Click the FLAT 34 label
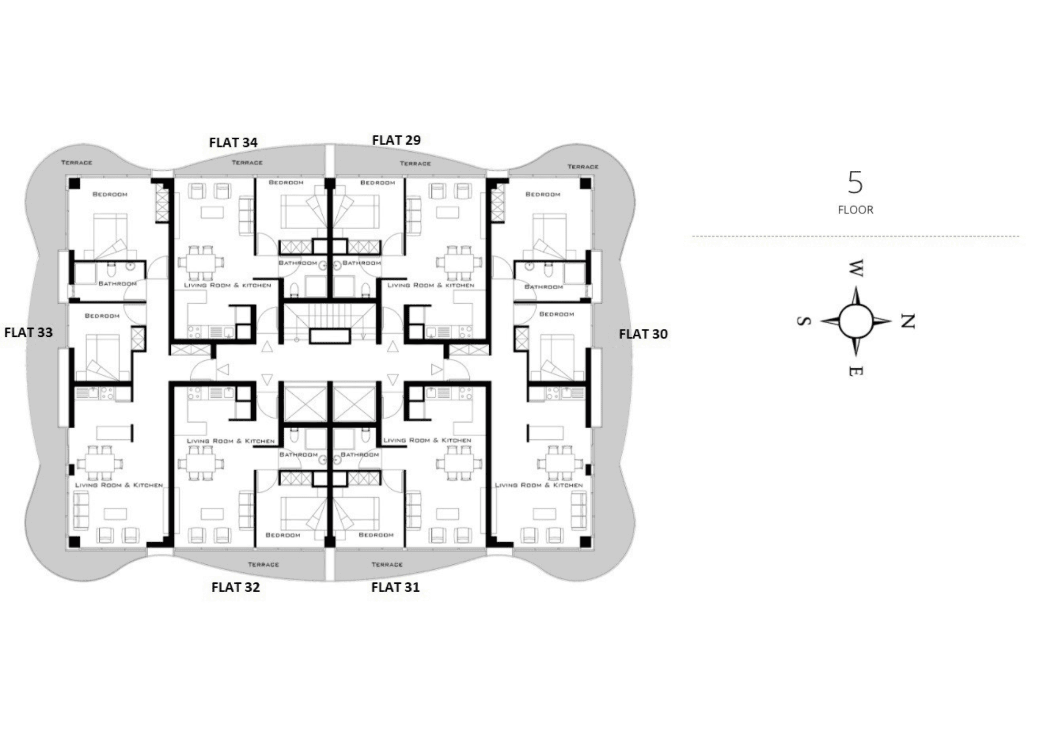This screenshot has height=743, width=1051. pos(233,142)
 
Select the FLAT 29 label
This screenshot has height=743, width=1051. pos(396,140)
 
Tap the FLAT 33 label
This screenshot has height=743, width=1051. pos(28,333)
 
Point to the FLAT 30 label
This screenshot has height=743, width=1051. pos(643,334)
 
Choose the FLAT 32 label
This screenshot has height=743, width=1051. pos(235,587)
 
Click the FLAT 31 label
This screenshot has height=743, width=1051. pos(395,587)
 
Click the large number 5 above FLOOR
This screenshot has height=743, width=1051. pos(855,183)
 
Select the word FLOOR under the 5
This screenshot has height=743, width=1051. pos(856,210)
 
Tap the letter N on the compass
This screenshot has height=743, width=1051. pos(908,321)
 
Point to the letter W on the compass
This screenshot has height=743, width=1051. pos(856,268)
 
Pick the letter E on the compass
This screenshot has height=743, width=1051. pos(856,371)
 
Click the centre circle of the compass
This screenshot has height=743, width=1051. pos(856,321)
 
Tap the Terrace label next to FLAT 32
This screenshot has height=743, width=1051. pos(263,564)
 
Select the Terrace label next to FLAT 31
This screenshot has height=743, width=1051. pos(387,564)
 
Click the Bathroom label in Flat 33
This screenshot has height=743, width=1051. pos(118,284)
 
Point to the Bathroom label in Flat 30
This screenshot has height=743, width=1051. pos(543,287)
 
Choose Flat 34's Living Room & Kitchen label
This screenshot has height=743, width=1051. pos(228,285)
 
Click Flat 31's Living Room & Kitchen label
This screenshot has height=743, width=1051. pos(427,440)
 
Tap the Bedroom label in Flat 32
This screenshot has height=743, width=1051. pos(283,535)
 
